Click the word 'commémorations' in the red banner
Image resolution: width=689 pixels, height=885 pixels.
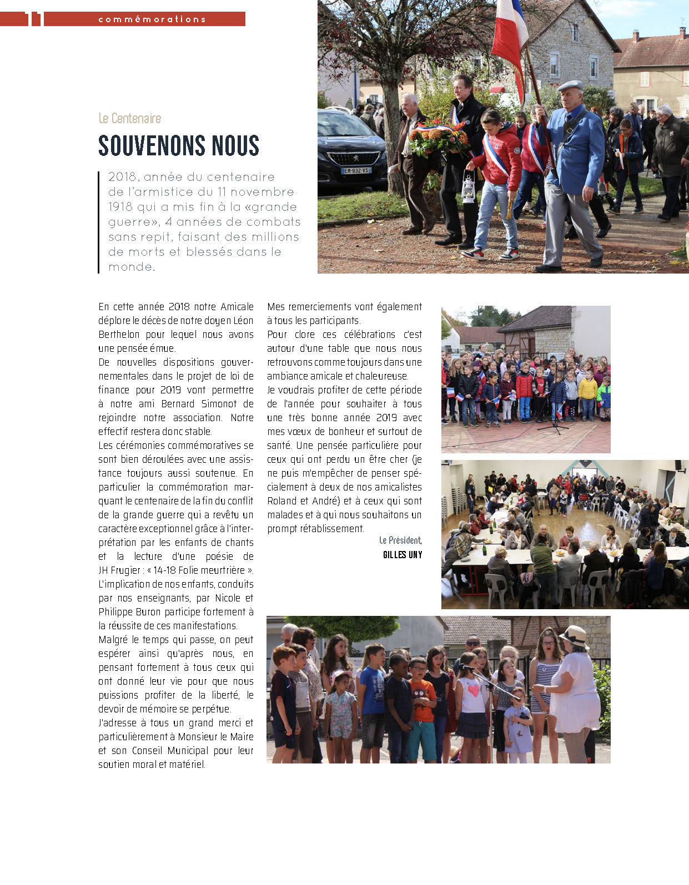[x=152, y=19]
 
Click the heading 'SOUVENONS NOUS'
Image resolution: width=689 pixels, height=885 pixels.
[x=179, y=145]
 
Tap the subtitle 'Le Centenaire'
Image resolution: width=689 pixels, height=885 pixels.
[x=130, y=118]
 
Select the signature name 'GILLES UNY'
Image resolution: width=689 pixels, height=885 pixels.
[x=403, y=555]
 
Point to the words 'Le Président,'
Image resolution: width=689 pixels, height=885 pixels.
[x=400, y=540]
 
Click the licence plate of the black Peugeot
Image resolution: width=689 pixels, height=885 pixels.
[x=356, y=171]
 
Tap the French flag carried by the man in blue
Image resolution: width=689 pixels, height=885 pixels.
[x=509, y=33]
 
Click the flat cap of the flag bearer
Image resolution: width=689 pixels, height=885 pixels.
[x=570, y=85]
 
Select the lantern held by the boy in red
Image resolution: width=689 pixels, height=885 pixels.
[x=468, y=189]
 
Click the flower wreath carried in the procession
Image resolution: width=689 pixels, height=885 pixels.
[x=439, y=137]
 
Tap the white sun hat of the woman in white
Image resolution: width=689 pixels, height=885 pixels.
[x=574, y=636]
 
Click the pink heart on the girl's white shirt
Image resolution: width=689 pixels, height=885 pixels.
[x=474, y=690]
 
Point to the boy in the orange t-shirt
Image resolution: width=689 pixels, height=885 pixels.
[x=423, y=705]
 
